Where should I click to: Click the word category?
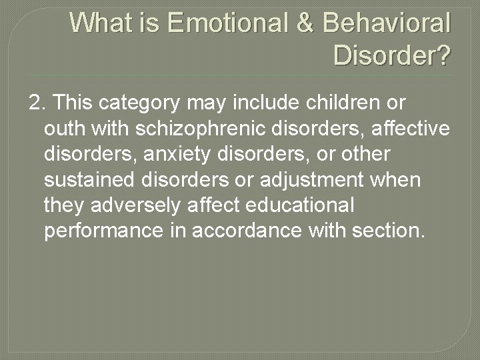click(x=140, y=103)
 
